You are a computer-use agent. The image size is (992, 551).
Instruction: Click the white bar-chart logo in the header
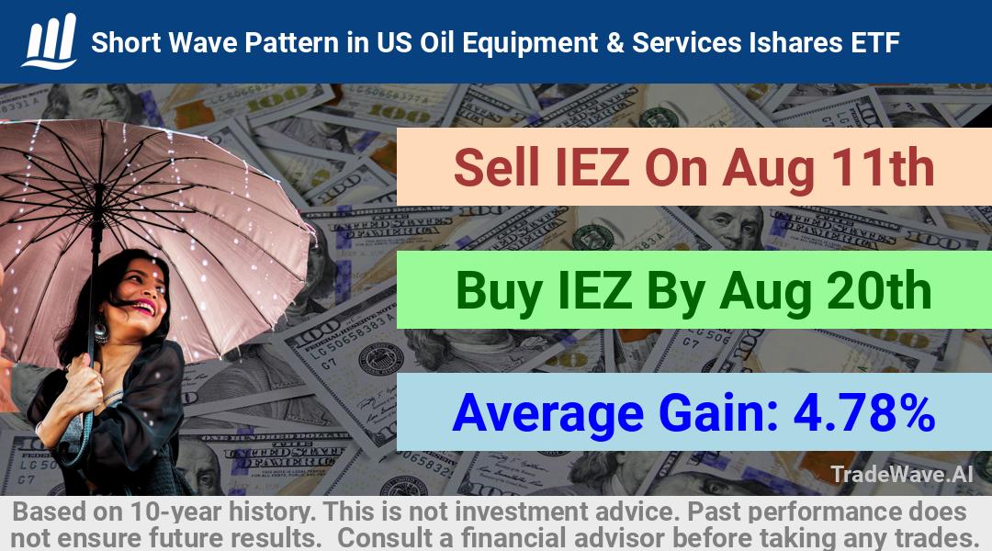tap(50, 40)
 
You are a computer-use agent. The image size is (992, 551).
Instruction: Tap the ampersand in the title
tap(614, 43)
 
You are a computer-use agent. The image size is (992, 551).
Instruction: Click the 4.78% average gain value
tap(864, 412)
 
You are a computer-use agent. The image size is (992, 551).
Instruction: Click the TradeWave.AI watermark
tap(902, 474)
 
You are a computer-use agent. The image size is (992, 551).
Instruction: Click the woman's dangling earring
tap(101, 331)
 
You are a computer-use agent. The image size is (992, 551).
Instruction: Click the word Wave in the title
tap(203, 43)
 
